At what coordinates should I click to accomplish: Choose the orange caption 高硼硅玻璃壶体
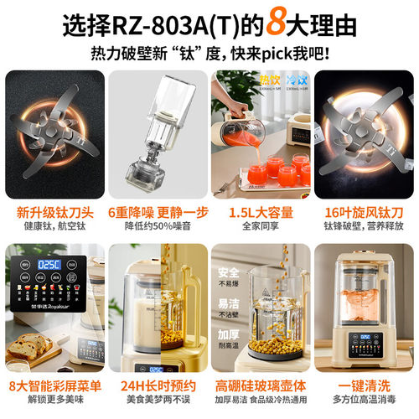[x=260, y=385]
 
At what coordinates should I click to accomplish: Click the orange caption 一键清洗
[x=364, y=385]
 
